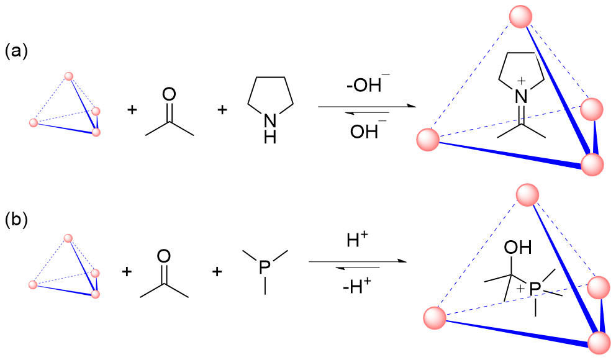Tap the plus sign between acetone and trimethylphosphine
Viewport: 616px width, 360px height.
[x=217, y=271]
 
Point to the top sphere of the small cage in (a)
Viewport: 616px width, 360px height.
[x=68, y=76]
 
